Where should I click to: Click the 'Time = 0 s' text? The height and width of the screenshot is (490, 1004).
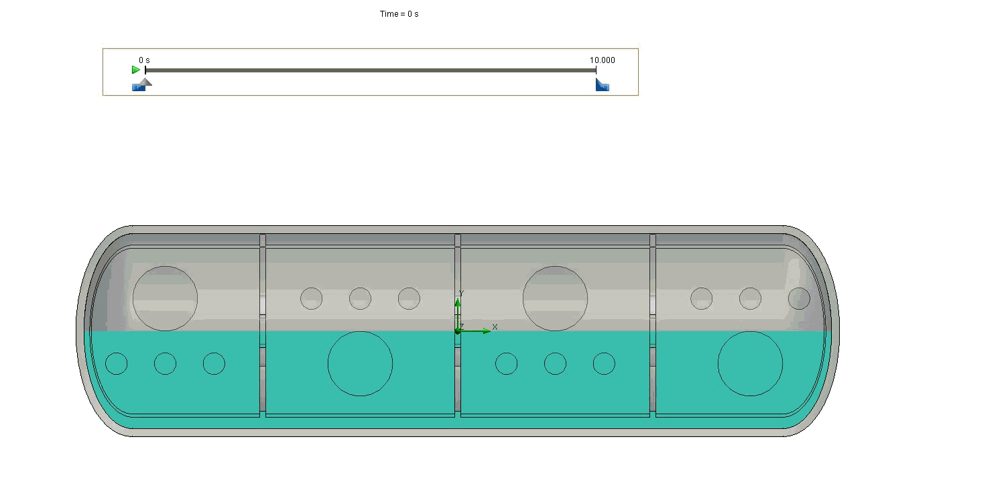tap(399, 14)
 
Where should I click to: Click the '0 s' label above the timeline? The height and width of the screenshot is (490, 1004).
tap(144, 60)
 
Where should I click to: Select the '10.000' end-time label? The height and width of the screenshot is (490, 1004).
tap(602, 60)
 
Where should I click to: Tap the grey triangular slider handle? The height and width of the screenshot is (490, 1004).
tap(144, 82)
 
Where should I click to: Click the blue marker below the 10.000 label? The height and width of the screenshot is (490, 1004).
tap(603, 85)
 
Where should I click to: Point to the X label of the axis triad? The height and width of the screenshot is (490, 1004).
tap(495, 327)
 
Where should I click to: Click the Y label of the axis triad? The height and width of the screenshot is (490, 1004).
tap(461, 294)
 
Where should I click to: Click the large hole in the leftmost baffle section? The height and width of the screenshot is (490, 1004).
tap(165, 298)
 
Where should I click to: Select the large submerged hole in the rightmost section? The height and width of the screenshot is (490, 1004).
tap(750, 363)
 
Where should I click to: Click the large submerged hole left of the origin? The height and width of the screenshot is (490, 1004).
tap(360, 363)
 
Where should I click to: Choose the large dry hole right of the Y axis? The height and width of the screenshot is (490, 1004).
tap(555, 298)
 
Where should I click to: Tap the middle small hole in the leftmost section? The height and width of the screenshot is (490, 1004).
tap(165, 363)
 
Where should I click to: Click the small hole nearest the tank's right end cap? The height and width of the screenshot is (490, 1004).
tap(799, 298)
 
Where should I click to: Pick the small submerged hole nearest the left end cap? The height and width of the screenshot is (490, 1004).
tap(117, 363)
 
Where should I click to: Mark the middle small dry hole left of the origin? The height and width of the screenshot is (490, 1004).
tap(360, 298)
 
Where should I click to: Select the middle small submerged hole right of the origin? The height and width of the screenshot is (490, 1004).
tap(555, 363)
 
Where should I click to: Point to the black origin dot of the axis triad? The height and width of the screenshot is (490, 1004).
tap(458, 331)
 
